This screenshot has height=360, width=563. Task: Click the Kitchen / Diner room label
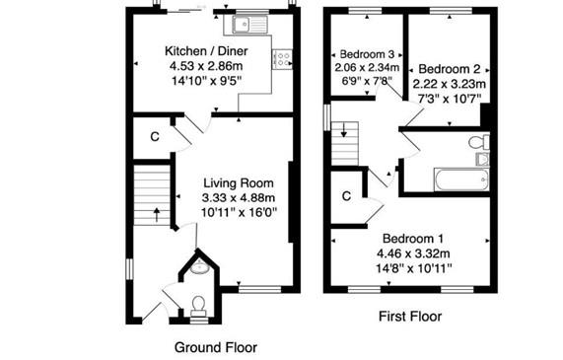point(206,51)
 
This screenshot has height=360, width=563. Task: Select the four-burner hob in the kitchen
point(282,59)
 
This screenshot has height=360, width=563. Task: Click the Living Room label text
point(239,182)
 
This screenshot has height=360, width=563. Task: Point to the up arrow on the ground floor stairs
point(156,215)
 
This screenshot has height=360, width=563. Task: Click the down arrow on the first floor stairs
point(344,130)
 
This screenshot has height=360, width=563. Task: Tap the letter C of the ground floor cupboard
point(155,137)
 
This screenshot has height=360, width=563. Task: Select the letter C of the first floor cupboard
point(346,196)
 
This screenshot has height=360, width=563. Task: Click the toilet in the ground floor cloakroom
point(198,307)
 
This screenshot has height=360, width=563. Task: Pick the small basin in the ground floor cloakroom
point(199,267)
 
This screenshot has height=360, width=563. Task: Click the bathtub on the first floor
point(461,180)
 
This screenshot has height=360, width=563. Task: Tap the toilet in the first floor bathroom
point(479,142)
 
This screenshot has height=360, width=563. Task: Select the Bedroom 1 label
point(413,239)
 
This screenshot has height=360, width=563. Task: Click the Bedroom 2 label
point(450,69)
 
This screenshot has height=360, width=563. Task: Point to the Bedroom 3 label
point(367,54)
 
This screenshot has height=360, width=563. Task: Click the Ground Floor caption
point(216,347)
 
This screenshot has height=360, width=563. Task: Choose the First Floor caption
point(410,317)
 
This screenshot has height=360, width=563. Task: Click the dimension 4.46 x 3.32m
point(413,253)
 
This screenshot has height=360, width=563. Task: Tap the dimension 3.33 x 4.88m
point(239,197)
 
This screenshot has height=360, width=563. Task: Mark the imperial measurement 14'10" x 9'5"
point(206,81)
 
